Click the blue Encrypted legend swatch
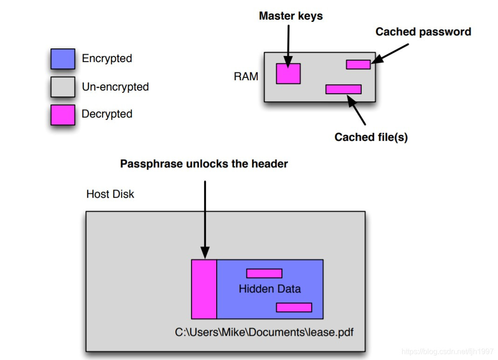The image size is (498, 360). [62, 59]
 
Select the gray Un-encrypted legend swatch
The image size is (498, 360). [62, 87]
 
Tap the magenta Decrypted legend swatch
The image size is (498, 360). [62, 115]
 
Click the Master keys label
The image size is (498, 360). [291, 16]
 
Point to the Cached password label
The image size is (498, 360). [423, 32]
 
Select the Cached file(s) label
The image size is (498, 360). [371, 137]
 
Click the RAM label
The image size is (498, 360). [246, 76]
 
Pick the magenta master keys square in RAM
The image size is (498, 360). [288, 74]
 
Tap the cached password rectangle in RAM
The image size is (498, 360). [358, 64]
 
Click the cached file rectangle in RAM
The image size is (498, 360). [343, 89]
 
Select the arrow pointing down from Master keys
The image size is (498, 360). [289, 44]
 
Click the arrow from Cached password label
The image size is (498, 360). [391, 53]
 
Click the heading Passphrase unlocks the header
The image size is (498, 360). [204, 164]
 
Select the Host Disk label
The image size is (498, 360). [110, 194]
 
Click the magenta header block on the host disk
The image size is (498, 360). [204, 289]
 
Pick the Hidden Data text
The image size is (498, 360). [270, 289]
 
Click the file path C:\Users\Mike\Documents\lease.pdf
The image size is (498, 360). [264, 332]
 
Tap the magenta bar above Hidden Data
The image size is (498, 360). [264, 273]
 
